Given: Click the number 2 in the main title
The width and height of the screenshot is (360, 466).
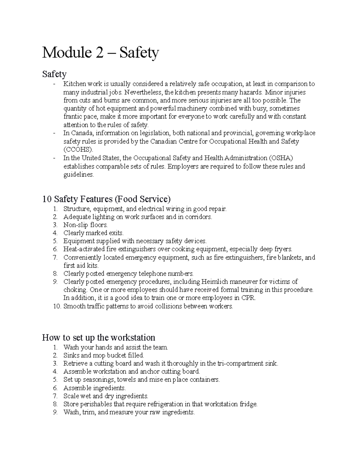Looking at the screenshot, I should click(x=101, y=53).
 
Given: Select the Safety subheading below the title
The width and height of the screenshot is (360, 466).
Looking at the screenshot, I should click(x=54, y=74).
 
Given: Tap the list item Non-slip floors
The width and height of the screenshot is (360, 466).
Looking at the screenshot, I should click(x=85, y=225).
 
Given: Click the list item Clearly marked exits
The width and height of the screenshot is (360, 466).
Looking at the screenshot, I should click(x=93, y=233).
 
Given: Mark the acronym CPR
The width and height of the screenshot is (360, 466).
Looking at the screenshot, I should click(x=249, y=298).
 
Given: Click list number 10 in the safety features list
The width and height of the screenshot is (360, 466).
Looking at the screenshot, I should click(x=57, y=306).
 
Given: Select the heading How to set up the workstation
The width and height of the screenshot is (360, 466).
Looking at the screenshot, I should click(x=98, y=338).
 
